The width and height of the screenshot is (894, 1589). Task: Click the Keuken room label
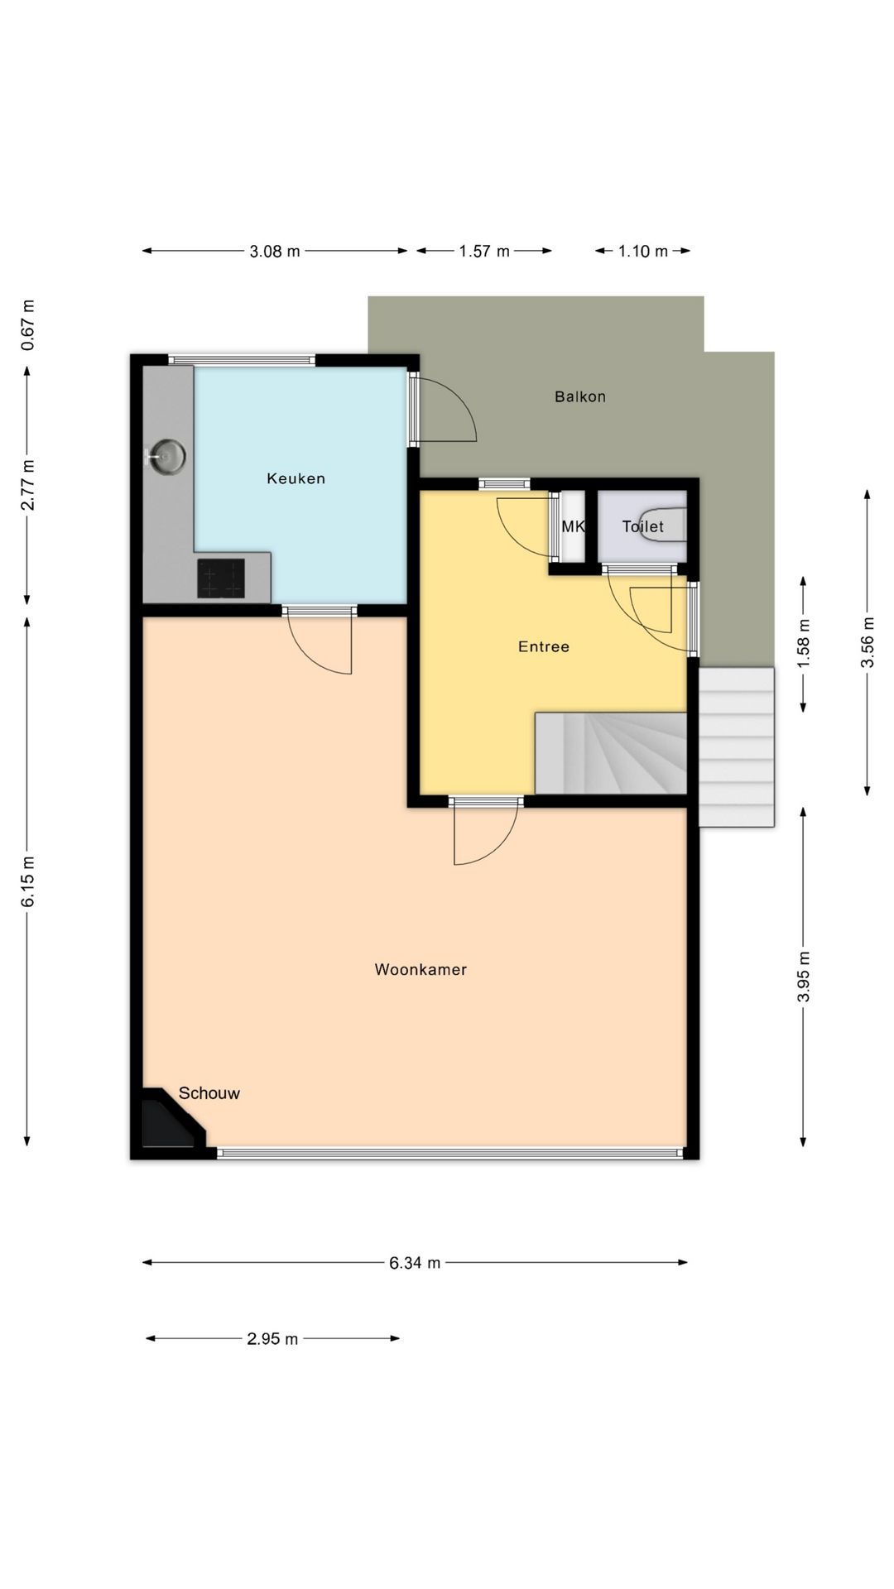(296, 478)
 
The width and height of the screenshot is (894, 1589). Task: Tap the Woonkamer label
(421, 969)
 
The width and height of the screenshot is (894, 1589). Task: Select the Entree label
(544, 646)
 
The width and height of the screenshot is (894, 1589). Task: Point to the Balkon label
(580, 396)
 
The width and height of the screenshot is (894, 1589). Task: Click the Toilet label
(643, 526)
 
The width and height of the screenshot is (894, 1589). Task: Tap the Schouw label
(209, 1093)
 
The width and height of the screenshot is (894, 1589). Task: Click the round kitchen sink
(168, 456)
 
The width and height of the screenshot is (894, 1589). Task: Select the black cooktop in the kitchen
(221, 578)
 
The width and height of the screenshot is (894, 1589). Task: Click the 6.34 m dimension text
(415, 1262)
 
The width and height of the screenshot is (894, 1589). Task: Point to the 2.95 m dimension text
(272, 1338)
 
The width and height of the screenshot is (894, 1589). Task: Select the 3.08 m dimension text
(275, 251)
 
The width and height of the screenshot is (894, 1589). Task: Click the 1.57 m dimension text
(484, 251)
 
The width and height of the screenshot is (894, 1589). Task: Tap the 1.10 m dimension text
(643, 251)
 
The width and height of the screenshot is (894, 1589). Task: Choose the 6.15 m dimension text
(27, 880)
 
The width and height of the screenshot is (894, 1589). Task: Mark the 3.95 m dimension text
(803, 977)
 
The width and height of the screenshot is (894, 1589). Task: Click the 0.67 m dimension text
(27, 324)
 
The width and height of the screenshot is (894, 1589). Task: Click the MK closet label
(573, 526)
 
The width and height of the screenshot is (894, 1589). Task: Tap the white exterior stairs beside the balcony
(737, 746)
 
